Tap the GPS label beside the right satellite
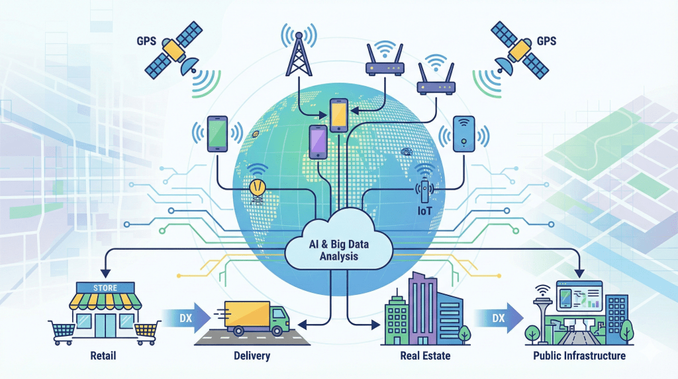click(546, 41)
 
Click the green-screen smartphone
click(218, 135)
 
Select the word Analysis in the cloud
click(338, 255)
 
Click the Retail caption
click(103, 356)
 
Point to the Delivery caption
click(253, 356)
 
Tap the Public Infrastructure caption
click(580, 356)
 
